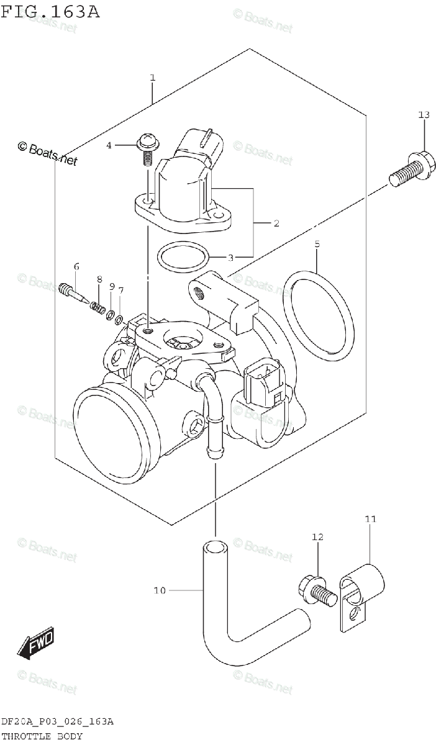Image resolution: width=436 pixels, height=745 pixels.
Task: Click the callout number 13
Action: [424, 115]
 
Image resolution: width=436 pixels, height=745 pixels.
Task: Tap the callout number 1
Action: [152, 78]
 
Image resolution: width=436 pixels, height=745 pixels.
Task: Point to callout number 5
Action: [317, 245]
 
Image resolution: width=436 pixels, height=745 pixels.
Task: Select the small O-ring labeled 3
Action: [181, 256]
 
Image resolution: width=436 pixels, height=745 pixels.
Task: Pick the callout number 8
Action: [99, 281]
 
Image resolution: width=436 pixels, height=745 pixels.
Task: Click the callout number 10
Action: [160, 590]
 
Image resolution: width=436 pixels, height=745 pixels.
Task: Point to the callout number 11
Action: [371, 518]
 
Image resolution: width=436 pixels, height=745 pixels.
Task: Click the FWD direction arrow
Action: [36, 643]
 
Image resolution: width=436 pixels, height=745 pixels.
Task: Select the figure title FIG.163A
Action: [50, 12]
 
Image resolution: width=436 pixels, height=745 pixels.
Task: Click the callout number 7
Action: [120, 290]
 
